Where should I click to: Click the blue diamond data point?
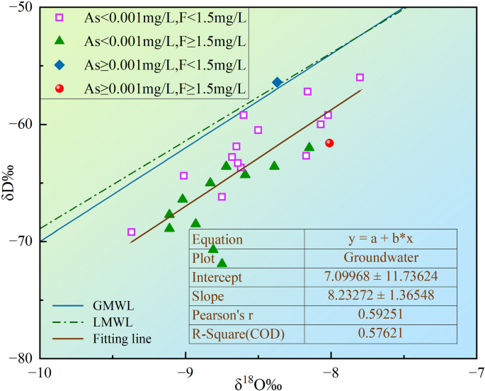277,82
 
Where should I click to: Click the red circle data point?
329,143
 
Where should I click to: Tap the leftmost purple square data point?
131,232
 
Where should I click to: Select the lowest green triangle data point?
222,263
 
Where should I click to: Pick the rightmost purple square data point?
360,77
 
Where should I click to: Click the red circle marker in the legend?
60,89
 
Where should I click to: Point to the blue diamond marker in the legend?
60,65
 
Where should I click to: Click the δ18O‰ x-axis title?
258,383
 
